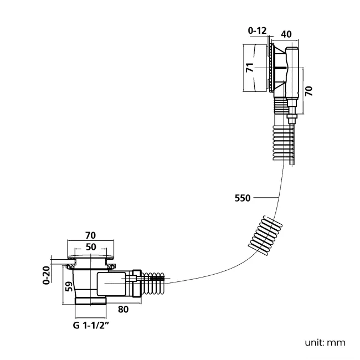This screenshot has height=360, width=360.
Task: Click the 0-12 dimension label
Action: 257,30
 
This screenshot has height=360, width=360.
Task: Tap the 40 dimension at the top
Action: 286,34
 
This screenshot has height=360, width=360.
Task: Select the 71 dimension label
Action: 250,68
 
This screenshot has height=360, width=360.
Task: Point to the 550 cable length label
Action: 243,198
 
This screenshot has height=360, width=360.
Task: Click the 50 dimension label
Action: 91,247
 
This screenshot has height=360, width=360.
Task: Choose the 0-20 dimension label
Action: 47,275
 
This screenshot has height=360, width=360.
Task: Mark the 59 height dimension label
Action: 69,286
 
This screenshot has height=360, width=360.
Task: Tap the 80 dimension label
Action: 124,310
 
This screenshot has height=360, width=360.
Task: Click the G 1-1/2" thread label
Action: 91,325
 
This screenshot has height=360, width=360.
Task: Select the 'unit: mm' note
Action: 325,343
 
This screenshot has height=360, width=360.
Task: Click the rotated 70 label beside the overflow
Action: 309,91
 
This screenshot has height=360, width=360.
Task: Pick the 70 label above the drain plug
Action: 90,235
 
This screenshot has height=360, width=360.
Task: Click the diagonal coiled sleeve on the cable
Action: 265,235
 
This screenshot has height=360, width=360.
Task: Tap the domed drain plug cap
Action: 91,256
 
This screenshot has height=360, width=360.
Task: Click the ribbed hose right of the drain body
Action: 153,284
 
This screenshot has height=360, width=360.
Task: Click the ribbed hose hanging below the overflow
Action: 284,142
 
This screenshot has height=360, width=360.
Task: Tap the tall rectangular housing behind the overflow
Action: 292,73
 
